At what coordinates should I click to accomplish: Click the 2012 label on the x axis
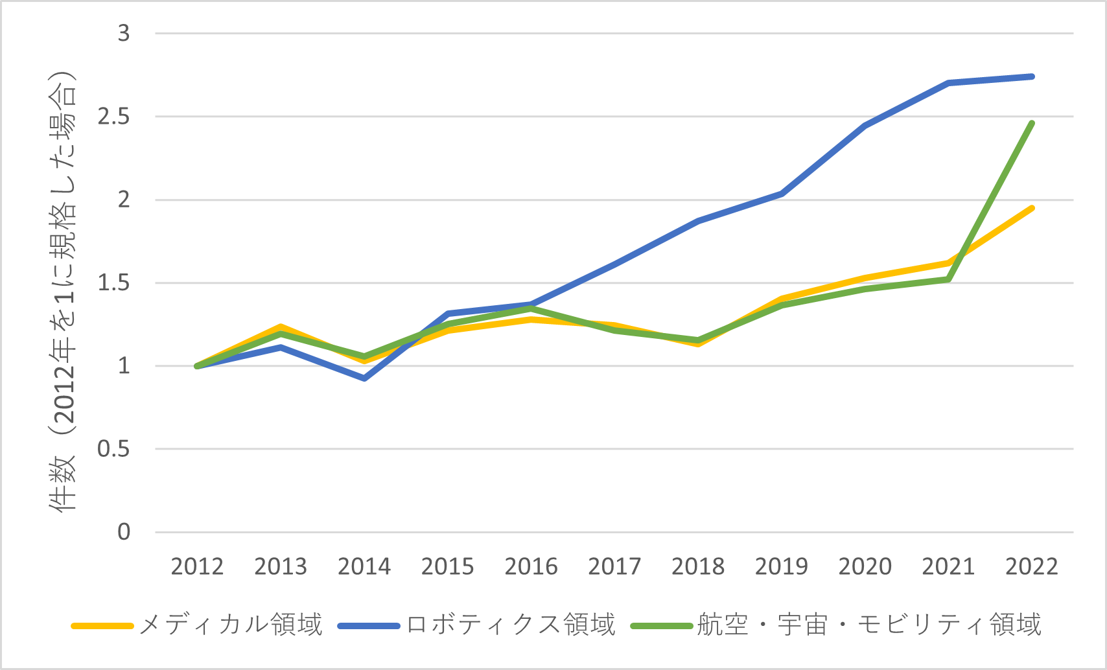tap(197, 567)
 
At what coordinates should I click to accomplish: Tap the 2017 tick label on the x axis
tap(614, 567)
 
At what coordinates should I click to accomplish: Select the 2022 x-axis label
tap(1032, 567)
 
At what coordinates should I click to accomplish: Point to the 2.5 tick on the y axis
tap(113, 117)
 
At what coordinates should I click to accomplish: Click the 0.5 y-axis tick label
tap(113, 449)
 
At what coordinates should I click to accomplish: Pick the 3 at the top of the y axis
tap(123, 33)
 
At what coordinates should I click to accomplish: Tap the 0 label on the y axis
tap(123, 532)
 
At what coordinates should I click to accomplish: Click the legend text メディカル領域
tap(231, 625)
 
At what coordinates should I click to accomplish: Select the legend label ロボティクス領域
tap(511, 625)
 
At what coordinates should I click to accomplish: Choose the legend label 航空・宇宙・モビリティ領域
tap(868, 625)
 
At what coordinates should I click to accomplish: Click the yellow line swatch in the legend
tap(102, 626)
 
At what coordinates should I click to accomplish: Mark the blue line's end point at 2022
tap(1032, 76)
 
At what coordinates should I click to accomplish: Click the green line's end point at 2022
tap(1032, 123)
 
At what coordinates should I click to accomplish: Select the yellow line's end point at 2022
tap(1032, 208)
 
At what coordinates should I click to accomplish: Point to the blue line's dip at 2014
tap(364, 378)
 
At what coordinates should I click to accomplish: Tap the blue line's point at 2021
tap(948, 83)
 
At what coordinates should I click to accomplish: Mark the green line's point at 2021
tap(948, 279)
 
